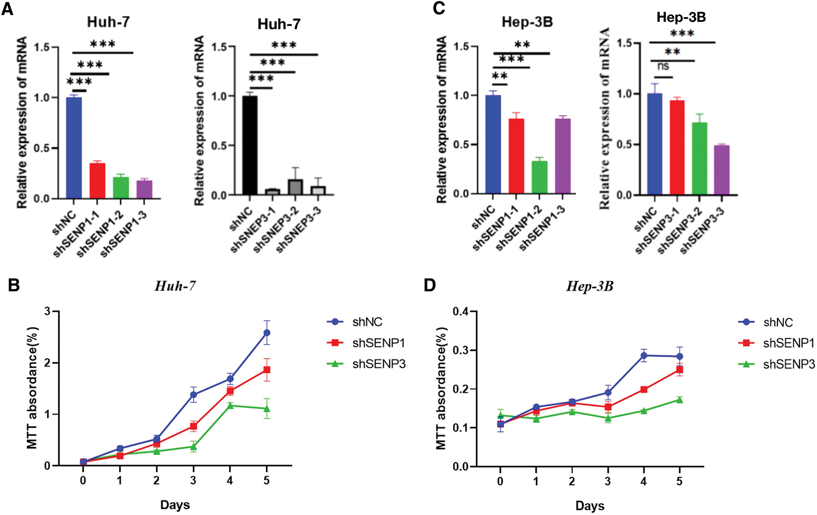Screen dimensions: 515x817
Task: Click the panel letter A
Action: [x=7, y=9]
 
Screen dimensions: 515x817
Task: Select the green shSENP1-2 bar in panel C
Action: [x=540, y=178]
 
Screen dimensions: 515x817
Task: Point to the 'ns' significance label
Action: [x=663, y=67]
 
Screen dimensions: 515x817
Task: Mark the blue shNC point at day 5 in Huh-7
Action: [x=267, y=333]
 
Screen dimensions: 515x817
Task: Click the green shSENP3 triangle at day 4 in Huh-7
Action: [x=230, y=406]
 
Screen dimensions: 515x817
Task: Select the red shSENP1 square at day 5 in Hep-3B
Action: [x=680, y=370]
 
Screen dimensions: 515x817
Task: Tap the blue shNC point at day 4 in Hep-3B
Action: [x=644, y=356]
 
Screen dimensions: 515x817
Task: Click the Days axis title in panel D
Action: [x=589, y=506]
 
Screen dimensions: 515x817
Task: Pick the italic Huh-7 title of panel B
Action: [x=175, y=286]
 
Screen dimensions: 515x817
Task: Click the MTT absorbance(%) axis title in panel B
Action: [x=32, y=388]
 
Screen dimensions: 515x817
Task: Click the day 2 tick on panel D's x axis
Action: [x=572, y=481]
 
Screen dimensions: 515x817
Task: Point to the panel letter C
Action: [x=438, y=9]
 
